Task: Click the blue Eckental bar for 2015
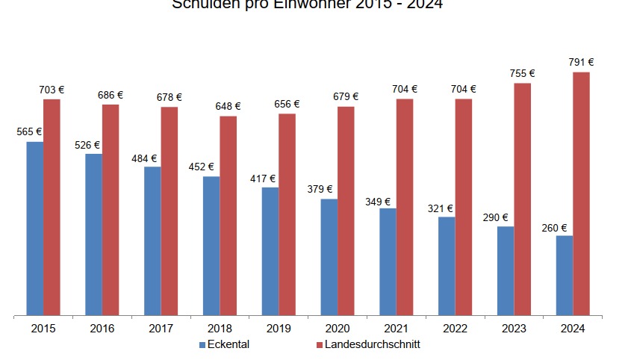coord(34,229)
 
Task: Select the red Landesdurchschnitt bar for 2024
coord(581,193)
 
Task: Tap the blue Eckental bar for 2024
coord(564,276)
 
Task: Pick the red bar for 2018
coord(228,216)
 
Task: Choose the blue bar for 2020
coord(329,257)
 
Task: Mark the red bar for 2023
coord(522,199)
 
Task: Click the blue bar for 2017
coord(152,241)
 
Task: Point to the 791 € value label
coord(581,63)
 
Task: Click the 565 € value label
coord(29,132)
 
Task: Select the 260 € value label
coord(555,229)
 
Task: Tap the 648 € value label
coord(228,106)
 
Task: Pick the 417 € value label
coord(263,179)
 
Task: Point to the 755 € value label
coord(522,73)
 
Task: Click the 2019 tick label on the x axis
coord(279,329)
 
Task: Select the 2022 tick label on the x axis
coord(455,329)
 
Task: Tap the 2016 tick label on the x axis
coord(102,329)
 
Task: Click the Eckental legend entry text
coord(228,344)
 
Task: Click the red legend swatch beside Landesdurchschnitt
coord(319,345)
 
